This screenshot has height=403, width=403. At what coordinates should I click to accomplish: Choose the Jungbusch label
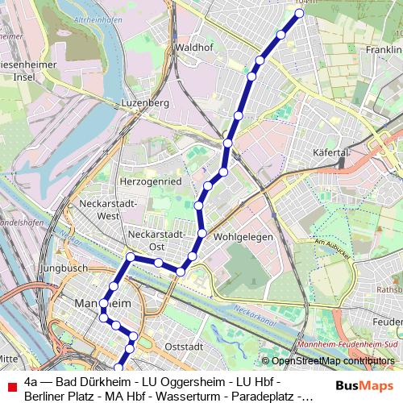(64, 267)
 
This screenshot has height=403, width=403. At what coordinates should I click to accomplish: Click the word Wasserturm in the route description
(193, 396)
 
